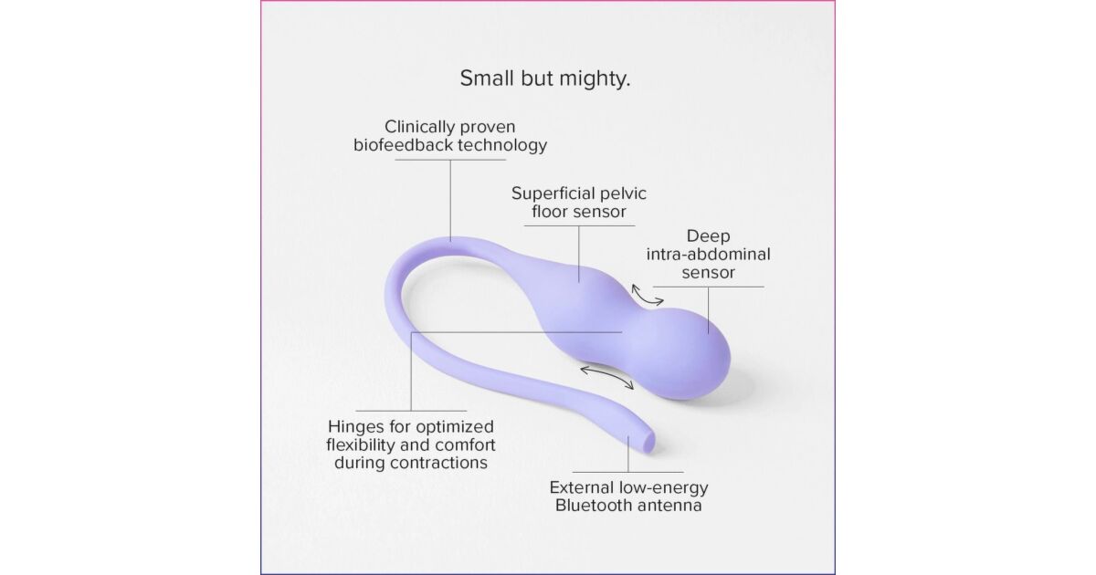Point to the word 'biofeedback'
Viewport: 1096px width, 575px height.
pyautogui.click(x=403, y=145)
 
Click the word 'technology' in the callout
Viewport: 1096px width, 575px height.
pyautogui.click(x=502, y=146)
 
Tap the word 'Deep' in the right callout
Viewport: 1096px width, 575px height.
pyautogui.click(x=708, y=236)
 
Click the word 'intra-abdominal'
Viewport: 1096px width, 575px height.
pyautogui.click(x=708, y=255)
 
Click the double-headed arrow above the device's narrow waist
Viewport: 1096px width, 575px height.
pyautogui.click(x=647, y=295)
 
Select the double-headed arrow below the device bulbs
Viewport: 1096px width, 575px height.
pyautogui.click(x=606, y=377)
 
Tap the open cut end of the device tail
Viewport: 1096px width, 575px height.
pyautogui.click(x=648, y=441)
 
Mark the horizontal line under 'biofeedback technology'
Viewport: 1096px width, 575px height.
pyautogui.click(x=450, y=160)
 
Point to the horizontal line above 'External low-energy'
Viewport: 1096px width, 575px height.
pyautogui.click(x=628, y=473)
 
